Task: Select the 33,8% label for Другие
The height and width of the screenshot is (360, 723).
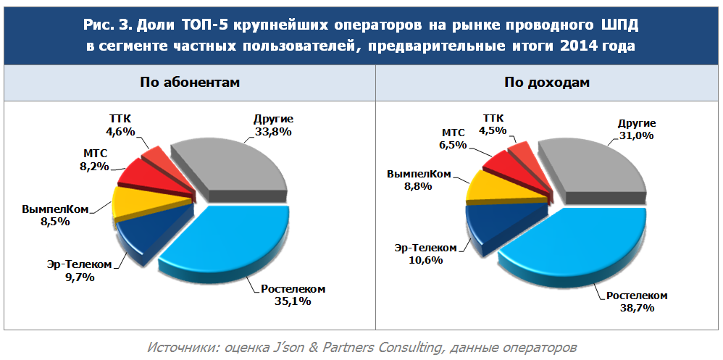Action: click(x=273, y=132)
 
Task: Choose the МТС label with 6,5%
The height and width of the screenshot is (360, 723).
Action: click(x=454, y=133)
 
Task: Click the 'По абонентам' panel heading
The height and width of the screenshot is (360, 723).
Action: click(x=189, y=82)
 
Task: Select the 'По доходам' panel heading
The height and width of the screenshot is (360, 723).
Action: click(x=548, y=82)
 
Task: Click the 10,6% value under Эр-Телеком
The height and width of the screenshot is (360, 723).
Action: click(x=425, y=260)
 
